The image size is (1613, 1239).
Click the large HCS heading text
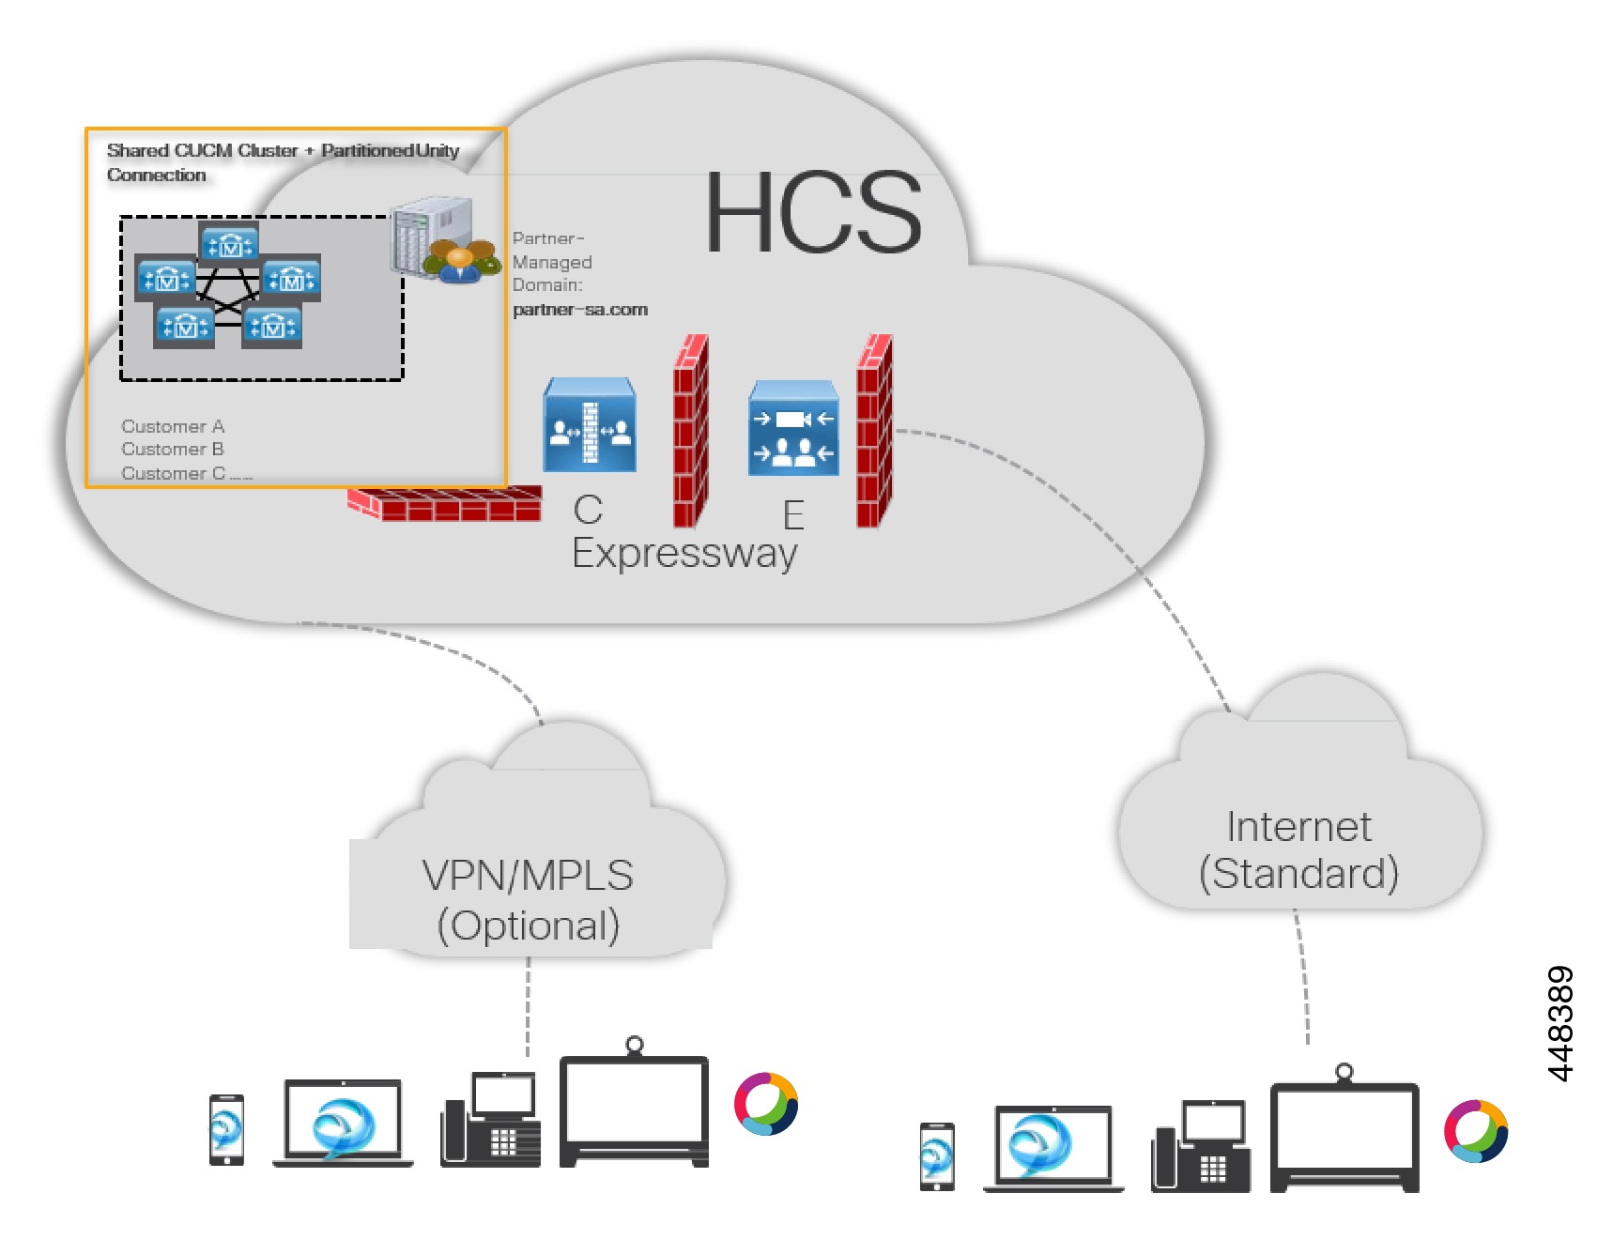click(x=813, y=213)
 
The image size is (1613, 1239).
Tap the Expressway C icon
click(x=590, y=425)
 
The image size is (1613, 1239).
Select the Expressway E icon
click(x=793, y=428)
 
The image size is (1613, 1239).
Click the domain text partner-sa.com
click(x=580, y=310)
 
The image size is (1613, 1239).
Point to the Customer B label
click(x=173, y=450)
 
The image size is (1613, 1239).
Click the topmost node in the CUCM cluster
click(x=229, y=244)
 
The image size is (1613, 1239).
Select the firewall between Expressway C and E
click(x=690, y=432)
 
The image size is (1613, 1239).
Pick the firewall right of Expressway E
click(x=874, y=432)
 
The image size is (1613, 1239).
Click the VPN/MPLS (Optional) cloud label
click(x=528, y=899)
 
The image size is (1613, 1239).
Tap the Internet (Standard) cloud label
click(x=1298, y=849)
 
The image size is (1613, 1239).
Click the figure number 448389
click(x=1559, y=1024)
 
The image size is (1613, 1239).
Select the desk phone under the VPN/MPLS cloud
click(x=491, y=1121)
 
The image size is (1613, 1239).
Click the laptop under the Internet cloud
click(x=1053, y=1148)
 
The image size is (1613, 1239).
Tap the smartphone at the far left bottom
click(x=226, y=1130)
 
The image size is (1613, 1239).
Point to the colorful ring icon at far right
click(x=1475, y=1131)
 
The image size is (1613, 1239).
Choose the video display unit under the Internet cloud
click(x=1344, y=1134)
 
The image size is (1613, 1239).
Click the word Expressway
click(x=684, y=554)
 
